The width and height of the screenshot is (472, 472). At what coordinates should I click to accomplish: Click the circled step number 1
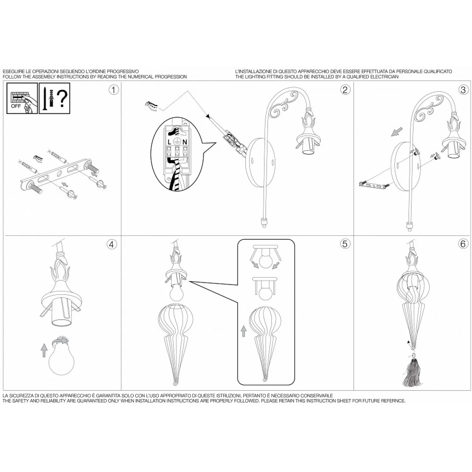(x=114, y=90)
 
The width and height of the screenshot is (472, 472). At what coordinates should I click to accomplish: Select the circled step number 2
(x=345, y=90)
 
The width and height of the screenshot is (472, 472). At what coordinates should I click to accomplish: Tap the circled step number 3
(x=463, y=90)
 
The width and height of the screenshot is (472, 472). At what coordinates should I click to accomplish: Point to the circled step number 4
(x=112, y=244)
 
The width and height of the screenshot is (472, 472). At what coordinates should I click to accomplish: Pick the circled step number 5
(x=345, y=244)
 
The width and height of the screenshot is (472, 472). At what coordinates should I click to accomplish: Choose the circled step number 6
(x=463, y=244)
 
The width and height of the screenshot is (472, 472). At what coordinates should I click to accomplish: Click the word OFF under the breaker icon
(x=16, y=106)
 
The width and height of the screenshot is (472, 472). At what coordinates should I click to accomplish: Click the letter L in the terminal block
(x=170, y=142)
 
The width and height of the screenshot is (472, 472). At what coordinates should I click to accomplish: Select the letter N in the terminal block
(x=185, y=142)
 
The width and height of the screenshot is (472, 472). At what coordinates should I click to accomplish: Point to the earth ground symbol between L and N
(x=177, y=142)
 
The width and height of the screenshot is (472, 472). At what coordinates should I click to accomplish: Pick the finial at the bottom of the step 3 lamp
(x=409, y=227)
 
